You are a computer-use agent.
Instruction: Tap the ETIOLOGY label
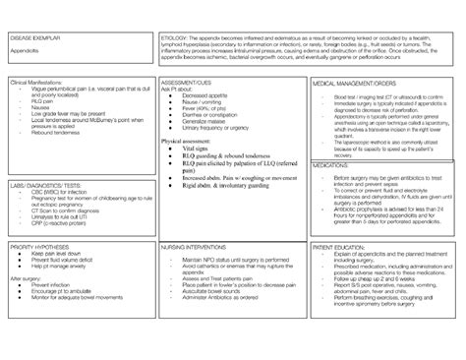pos(174,36)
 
